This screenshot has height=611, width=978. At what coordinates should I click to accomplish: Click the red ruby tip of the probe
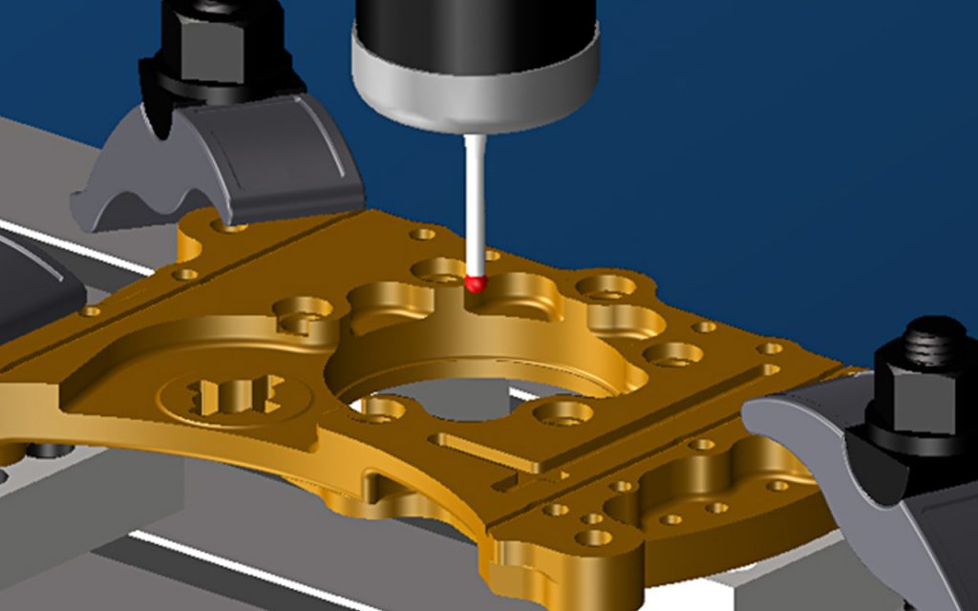pyautogui.click(x=476, y=282)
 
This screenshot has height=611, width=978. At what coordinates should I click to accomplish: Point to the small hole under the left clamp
pyautogui.click(x=233, y=229)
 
